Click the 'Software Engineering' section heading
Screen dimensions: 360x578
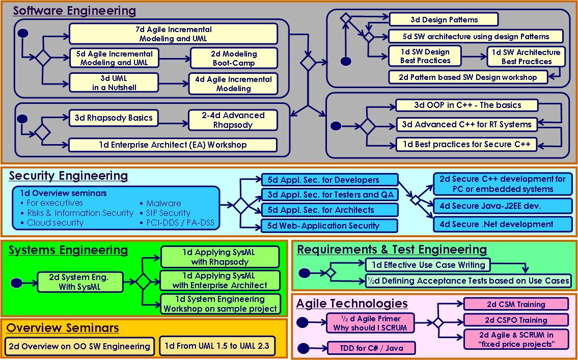coord(74,11)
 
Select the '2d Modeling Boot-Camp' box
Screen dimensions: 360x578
coord(234,59)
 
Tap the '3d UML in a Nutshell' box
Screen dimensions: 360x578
coord(111,83)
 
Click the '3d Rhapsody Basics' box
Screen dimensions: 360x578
coord(113,118)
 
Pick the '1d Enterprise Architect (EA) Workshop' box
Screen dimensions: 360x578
coord(173,145)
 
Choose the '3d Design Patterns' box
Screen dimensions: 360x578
coord(444,20)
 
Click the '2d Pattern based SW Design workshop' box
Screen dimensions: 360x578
coord(467,77)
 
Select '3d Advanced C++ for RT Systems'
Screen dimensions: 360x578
coord(466,124)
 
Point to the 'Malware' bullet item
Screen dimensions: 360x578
coord(163,203)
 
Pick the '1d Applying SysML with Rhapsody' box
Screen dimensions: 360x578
coord(220,257)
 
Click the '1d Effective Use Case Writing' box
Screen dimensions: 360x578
coord(427,265)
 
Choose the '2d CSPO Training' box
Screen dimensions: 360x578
coord(516,320)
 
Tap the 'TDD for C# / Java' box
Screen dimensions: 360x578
coord(371,348)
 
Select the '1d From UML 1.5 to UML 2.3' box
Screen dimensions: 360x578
coord(217,346)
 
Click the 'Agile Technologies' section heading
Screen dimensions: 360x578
coord(352,304)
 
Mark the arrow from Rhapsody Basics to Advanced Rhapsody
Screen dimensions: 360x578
coord(173,118)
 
